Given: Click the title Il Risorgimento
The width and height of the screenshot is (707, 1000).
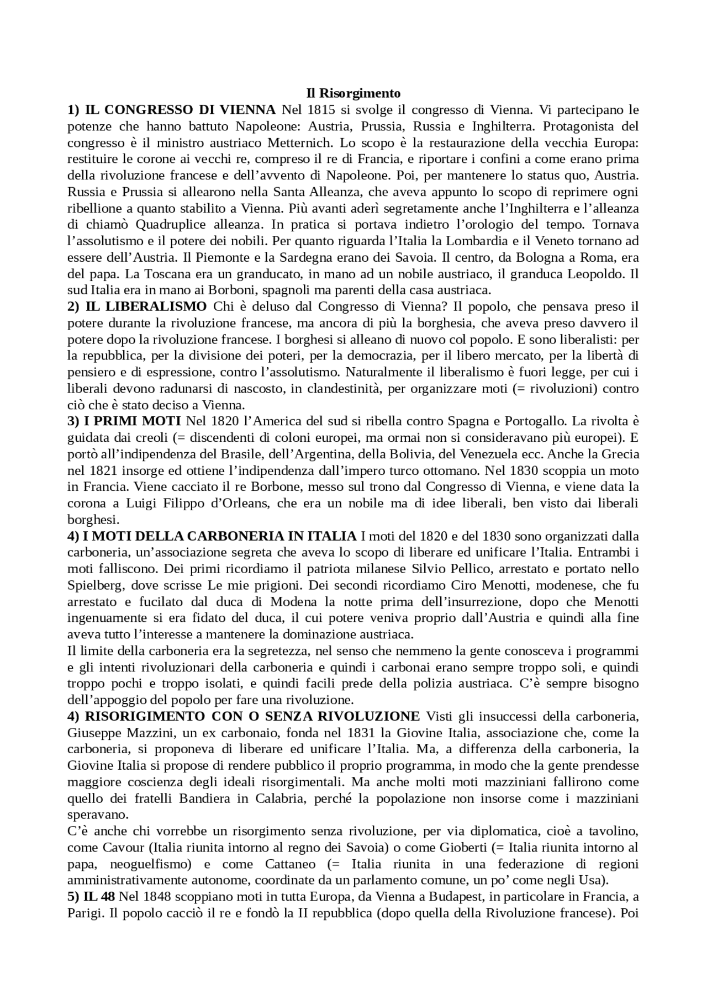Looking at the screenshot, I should pyautogui.click(x=353, y=93).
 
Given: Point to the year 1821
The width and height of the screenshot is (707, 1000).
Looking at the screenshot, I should pyautogui.click(x=102, y=471).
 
